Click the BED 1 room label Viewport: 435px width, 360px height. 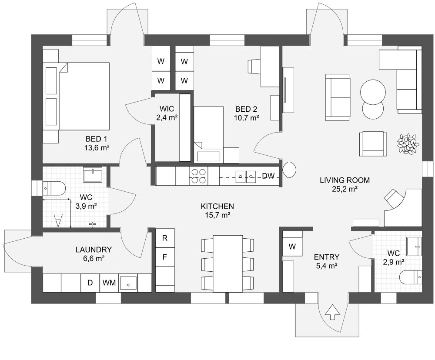coord(96,139)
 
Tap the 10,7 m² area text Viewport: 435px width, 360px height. coord(247,117)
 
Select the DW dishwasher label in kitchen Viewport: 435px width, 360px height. coord(268,176)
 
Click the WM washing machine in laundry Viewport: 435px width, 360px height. coord(109,283)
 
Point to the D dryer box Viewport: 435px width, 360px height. coord(90,283)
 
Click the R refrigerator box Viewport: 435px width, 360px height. coord(165,238)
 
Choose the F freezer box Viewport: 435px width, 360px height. coord(165,257)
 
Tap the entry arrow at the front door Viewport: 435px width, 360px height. coord(332,312)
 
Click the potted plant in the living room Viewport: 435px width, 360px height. coord(408,144)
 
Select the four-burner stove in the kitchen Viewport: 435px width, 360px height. coord(198,176)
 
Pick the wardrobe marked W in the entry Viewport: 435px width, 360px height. coord(292,247)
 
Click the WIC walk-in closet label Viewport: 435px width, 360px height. coord(167,108)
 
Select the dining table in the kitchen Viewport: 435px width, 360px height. coord(228,263)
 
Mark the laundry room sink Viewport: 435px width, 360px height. coord(128,283)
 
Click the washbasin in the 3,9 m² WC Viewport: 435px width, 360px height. coord(92,175)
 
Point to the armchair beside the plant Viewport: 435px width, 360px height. coord(373,143)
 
